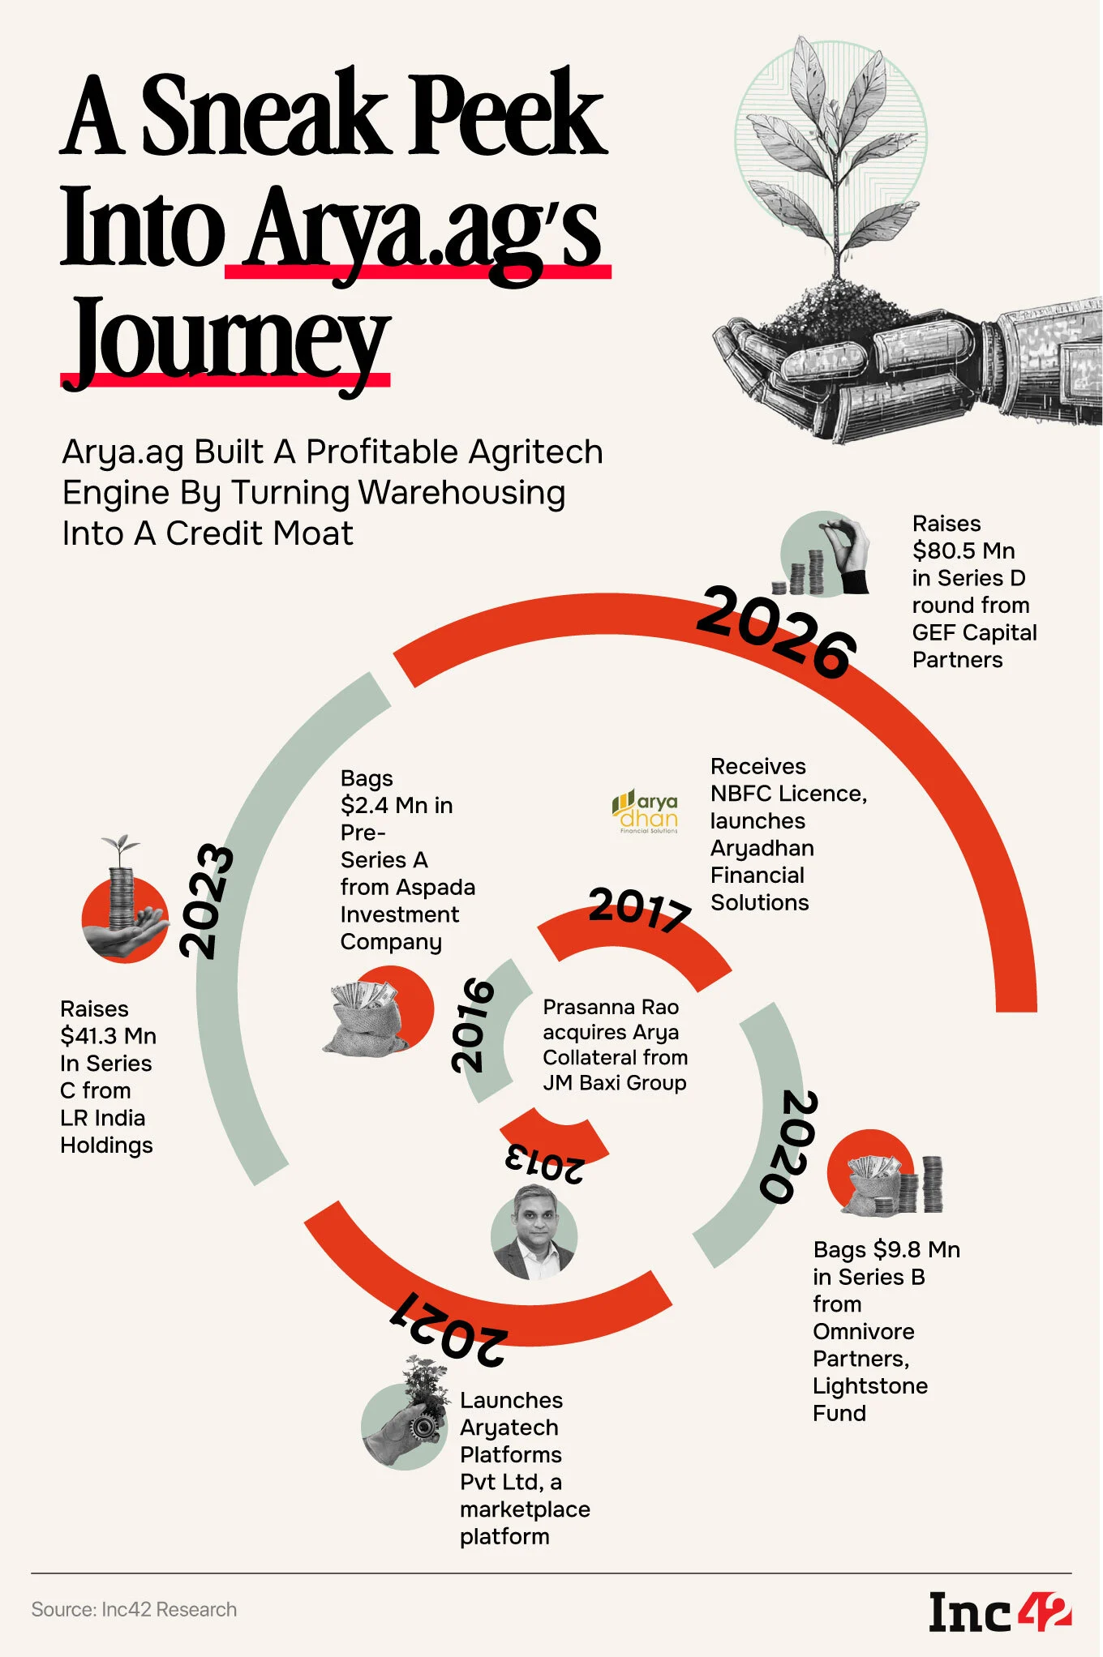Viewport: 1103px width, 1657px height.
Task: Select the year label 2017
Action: point(640,909)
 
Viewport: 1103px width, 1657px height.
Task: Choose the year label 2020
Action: point(788,1146)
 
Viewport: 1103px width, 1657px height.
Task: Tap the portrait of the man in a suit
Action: point(534,1232)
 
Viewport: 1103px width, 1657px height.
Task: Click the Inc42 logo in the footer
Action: point(1000,1612)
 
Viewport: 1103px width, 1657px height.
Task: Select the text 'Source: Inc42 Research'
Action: point(134,1610)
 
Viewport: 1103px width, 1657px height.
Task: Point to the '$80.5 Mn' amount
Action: point(964,551)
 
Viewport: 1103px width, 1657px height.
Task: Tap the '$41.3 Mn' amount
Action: point(109,1036)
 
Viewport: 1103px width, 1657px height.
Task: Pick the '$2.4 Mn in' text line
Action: point(397,806)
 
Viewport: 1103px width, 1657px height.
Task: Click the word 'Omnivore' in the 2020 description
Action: point(864,1332)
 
